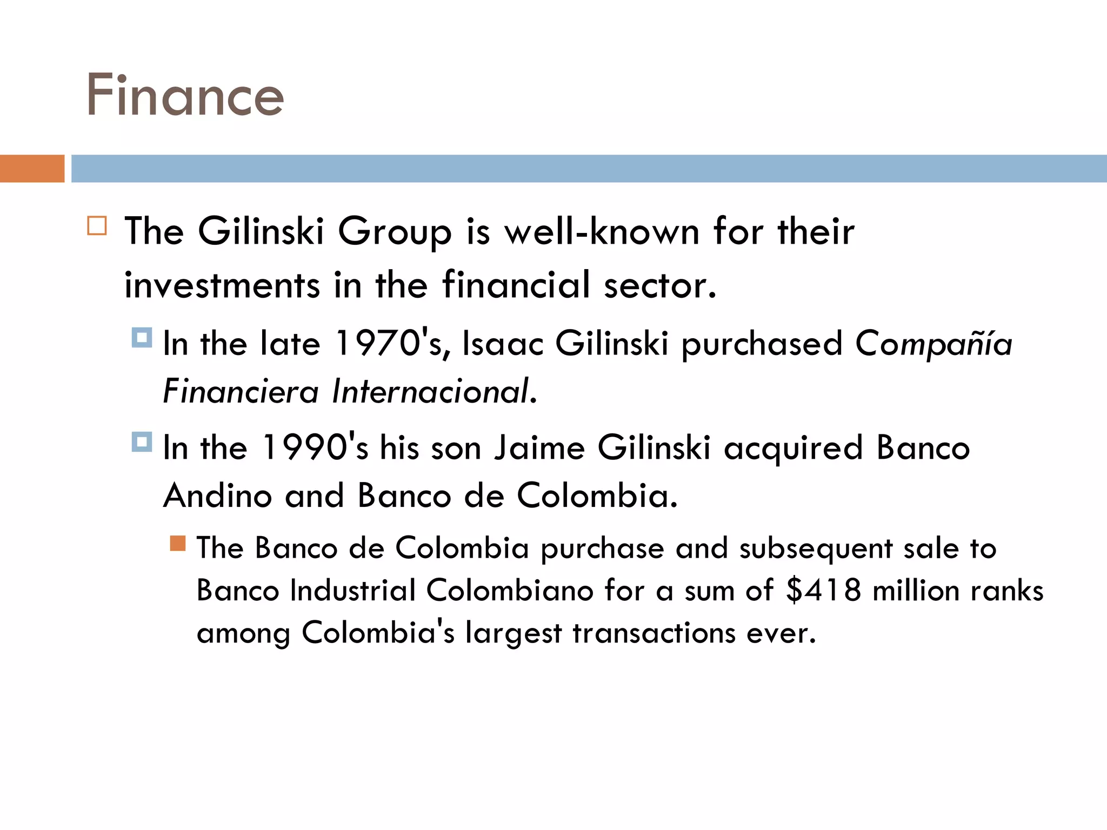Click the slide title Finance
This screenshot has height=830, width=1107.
coord(185,96)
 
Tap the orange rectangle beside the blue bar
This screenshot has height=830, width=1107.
coord(32,169)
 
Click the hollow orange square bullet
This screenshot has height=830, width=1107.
coord(97,225)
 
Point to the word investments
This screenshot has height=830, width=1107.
coord(222,285)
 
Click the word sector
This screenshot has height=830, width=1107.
coord(659,285)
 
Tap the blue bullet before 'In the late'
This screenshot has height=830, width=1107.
coord(142,338)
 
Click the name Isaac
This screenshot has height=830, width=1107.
coord(503,344)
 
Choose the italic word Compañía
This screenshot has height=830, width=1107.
coord(933,344)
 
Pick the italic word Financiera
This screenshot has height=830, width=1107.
coord(241,391)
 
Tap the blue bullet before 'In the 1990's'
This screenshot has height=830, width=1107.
coord(142,442)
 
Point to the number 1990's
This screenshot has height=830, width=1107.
coord(315,448)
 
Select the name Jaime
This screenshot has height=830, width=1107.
coord(539,448)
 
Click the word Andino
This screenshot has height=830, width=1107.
coord(217,496)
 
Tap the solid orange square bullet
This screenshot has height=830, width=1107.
coord(178,543)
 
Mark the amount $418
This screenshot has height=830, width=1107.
coord(823,590)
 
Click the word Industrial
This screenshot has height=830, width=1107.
coord(352,590)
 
